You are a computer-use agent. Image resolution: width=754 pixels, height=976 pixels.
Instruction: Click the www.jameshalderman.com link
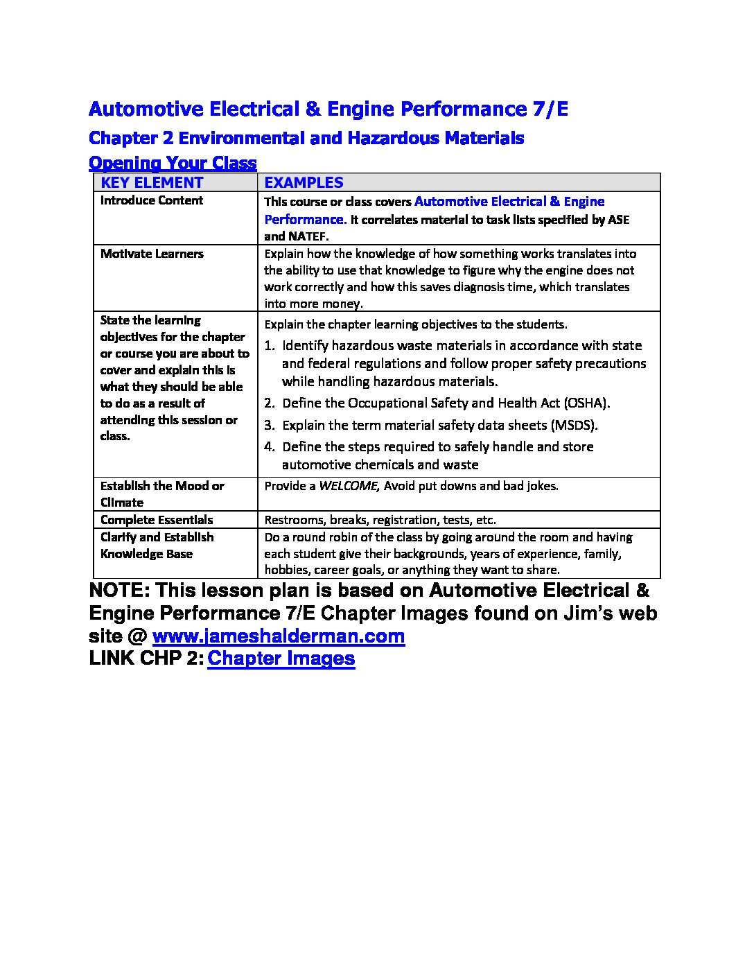[x=278, y=636]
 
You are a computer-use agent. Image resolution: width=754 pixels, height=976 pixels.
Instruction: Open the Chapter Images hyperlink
[x=281, y=659]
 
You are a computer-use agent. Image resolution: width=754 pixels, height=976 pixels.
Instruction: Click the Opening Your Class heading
[x=173, y=164]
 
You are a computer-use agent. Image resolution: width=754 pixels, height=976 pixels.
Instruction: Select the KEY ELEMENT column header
[x=152, y=183]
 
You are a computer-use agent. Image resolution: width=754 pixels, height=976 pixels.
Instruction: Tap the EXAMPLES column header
[x=304, y=183]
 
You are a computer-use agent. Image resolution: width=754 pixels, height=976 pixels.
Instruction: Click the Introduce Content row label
[x=152, y=201]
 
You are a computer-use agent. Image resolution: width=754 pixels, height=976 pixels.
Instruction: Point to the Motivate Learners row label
[x=152, y=254]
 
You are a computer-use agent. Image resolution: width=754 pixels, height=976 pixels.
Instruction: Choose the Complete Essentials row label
[x=157, y=520]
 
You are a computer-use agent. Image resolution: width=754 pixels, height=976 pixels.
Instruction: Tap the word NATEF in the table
[x=308, y=236]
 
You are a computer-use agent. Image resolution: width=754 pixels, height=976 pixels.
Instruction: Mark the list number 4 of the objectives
[x=269, y=447]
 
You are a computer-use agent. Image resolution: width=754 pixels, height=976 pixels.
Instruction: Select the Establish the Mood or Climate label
[x=162, y=494]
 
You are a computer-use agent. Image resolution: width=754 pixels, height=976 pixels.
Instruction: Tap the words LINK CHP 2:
[x=146, y=659]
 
